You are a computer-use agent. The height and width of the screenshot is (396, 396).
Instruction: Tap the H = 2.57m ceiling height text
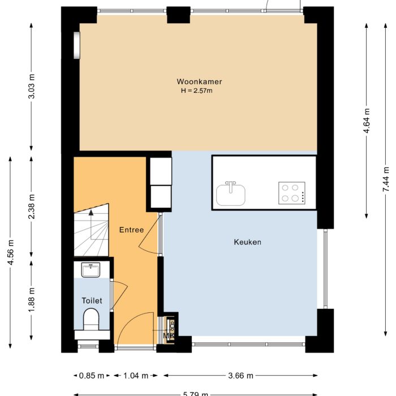click(196, 91)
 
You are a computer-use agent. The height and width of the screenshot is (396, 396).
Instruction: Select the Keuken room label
click(247, 242)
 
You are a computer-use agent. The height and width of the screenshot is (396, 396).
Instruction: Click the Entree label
click(131, 230)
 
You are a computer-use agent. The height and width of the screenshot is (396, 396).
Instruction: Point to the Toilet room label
click(92, 301)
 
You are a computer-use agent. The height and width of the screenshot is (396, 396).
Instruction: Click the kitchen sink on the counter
click(230, 193)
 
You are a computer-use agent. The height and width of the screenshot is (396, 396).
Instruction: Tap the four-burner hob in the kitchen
click(292, 193)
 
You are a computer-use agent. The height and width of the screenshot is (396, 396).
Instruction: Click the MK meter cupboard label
click(168, 337)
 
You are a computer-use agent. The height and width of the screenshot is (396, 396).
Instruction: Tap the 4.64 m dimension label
click(367, 120)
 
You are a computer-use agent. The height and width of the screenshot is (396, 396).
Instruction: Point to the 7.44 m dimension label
click(386, 180)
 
